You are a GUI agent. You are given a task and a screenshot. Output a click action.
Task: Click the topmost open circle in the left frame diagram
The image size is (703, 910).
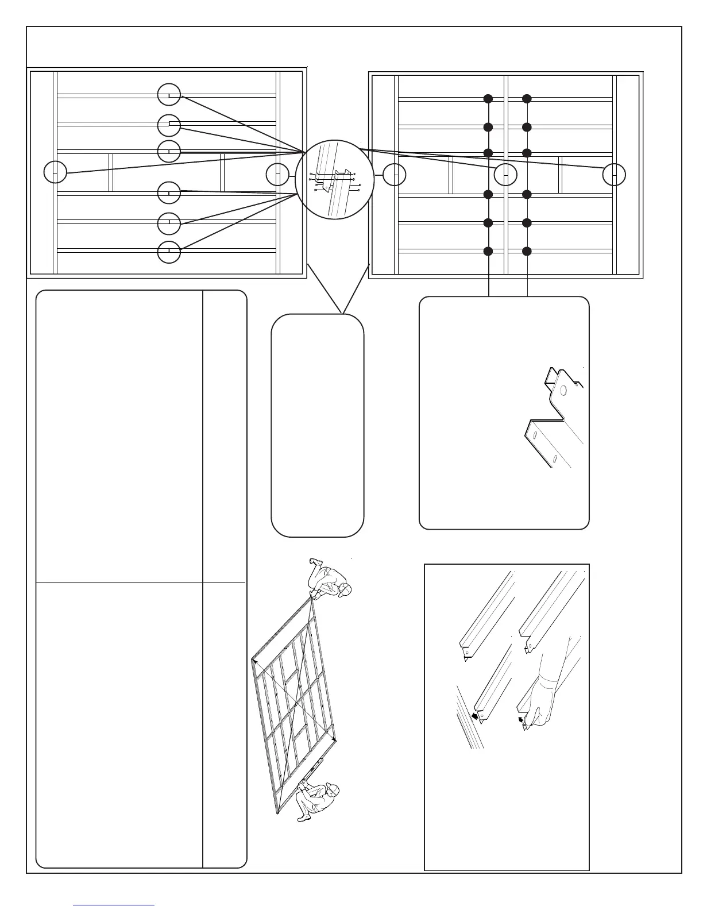click(x=169, y=95)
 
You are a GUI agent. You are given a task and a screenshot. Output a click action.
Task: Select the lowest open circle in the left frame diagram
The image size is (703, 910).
click(x=169, y=252)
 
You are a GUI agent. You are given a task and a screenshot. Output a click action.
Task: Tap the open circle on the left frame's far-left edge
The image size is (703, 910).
click(x=55, y=172)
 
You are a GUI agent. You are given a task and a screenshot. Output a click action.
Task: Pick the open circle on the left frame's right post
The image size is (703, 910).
click(x=278, y=175)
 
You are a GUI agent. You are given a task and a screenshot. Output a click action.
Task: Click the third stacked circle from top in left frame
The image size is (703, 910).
click(x=169, y=151)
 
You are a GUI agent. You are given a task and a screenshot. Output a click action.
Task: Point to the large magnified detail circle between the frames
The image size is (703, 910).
click(x=334, y=179)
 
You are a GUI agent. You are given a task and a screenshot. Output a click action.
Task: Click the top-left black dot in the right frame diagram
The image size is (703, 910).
click(x=488, y=99)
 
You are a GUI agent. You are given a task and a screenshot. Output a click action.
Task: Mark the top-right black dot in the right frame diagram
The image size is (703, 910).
click(x=527, y=99)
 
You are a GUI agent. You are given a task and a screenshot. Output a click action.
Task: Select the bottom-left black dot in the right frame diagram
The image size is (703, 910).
click(x=488, y=251)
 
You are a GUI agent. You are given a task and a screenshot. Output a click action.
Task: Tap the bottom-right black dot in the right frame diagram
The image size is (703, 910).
click(x=527, y=251)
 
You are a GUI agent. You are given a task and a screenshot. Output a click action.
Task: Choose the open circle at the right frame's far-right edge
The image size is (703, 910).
click(x=614, y=175)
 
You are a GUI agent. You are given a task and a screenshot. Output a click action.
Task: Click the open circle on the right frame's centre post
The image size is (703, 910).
click(x=506, y=175)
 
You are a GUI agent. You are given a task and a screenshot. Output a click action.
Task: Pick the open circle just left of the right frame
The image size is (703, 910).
click(x=395, y=175)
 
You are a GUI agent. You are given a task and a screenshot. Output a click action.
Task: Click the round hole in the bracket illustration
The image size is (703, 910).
click(x=563, y=391)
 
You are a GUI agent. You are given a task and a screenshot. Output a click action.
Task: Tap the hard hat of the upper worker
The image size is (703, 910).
click(x=345, y=590)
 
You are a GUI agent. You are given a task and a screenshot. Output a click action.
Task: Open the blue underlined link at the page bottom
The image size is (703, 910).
click(x=114, y=904)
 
